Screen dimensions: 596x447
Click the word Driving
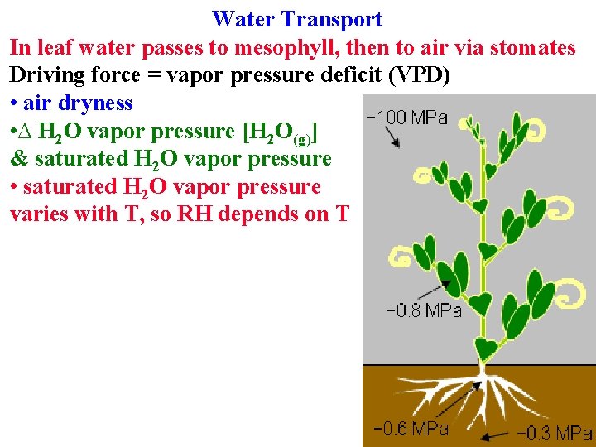point(47,76)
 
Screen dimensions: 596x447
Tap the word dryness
point(100,103)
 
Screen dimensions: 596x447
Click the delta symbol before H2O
point(29,132)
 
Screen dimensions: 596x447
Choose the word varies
point(41,214)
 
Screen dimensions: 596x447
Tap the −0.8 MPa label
point(424,311)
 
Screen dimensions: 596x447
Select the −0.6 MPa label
point(411,428)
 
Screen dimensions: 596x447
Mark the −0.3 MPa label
point(555,432)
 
